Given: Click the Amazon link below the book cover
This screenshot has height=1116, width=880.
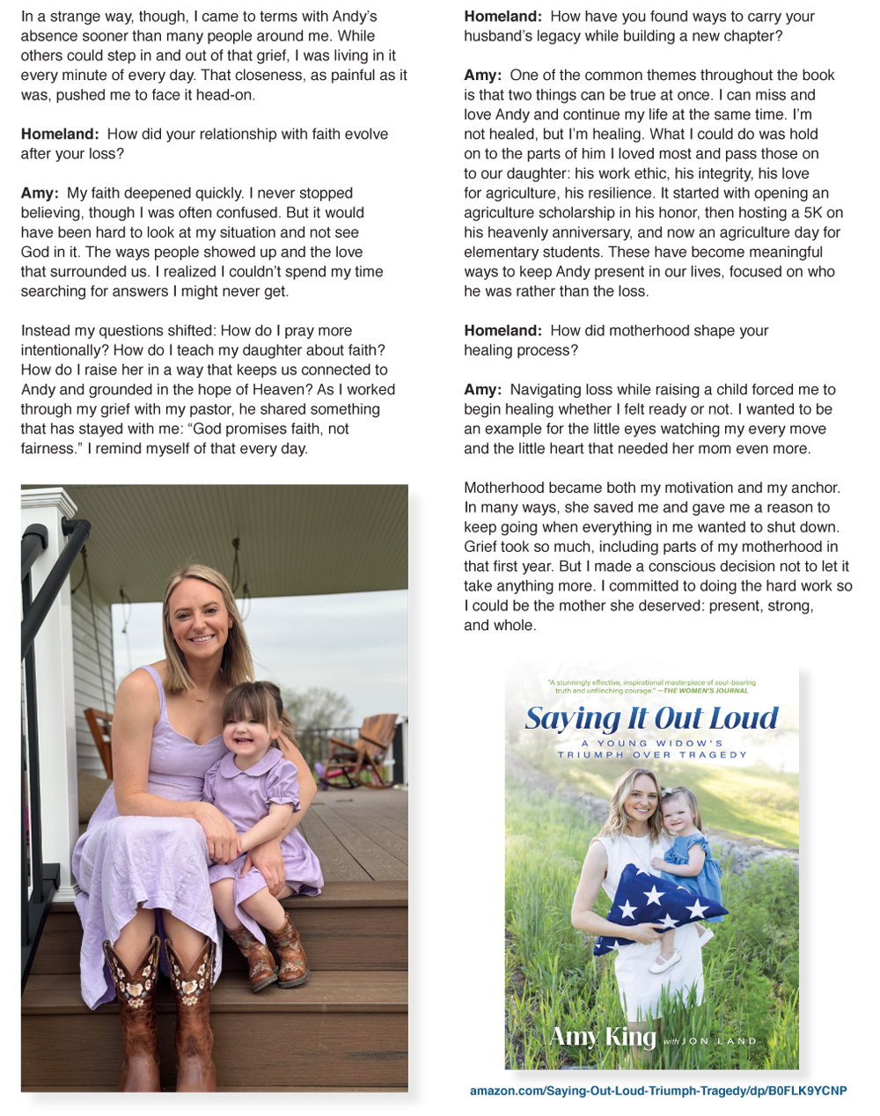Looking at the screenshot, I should click(x=658, y=1090).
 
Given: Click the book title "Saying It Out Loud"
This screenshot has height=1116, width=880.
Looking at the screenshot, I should click(x=651, y=718).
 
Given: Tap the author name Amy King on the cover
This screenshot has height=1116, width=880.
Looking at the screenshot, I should click(x=603, y=1036).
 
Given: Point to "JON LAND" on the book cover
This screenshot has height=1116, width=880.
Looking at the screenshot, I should click(x=719, y=1041).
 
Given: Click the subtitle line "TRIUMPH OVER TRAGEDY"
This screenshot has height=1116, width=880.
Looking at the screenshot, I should click(x=652, y=755).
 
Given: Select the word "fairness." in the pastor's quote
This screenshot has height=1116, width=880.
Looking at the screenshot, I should click(x=50, y=448).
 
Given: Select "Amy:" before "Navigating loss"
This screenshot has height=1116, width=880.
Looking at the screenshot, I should click(x=483, y=389).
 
